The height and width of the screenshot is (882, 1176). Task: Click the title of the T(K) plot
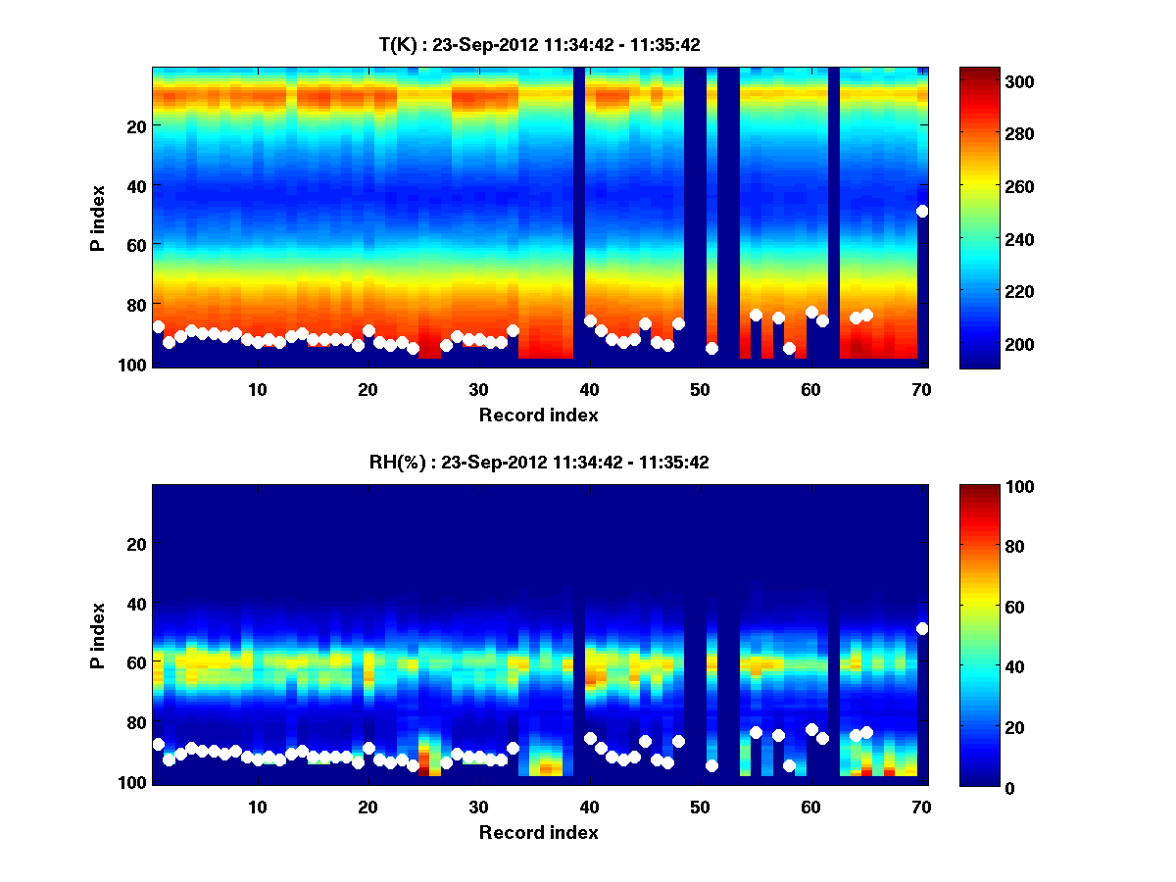[x=539, y=44]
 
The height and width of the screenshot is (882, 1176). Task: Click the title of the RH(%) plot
[x=539, y=462]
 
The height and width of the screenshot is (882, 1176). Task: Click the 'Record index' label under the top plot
[x=538, y=415]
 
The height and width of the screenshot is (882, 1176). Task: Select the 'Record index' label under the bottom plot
[x=538, y=832]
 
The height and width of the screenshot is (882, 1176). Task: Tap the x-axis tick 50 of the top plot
[x=700, y=389]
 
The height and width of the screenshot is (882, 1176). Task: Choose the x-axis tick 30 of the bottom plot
[x=478, y=807]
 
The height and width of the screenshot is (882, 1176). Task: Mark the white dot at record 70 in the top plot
[x=922, y=211]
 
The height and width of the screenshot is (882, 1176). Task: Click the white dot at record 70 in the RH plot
[x=922, y=628]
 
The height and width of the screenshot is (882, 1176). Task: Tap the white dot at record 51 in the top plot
[x=712, y=348]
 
